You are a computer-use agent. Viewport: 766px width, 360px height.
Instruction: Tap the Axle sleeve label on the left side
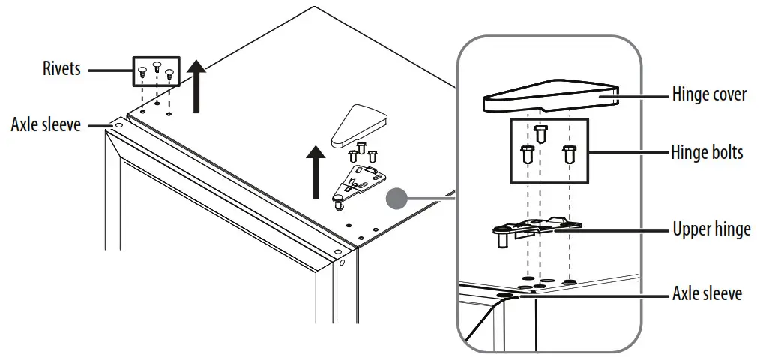[46, 124]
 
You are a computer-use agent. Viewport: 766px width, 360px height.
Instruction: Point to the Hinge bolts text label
[707, 151]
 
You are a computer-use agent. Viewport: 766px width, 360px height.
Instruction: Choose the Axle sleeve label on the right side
[707, 293]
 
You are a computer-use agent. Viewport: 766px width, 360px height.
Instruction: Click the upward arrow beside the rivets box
[196, 85]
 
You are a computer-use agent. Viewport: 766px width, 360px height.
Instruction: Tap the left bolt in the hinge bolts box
[525, 156]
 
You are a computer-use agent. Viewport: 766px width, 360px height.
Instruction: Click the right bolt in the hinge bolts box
[570, 156]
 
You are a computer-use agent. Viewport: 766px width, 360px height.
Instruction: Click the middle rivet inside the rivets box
[157, 67]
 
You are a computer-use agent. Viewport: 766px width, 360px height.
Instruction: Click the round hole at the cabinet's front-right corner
[343, 264]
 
